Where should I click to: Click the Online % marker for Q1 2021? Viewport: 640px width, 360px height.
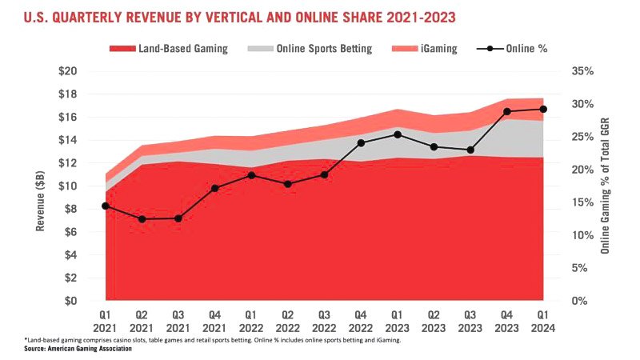(106, 206)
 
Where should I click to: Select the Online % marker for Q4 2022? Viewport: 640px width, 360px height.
(362, 142)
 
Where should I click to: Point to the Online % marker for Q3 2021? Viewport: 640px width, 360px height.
(178, 218)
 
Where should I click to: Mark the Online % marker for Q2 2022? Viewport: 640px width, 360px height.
(289, 184)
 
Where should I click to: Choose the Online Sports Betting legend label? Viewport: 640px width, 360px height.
(324, 49)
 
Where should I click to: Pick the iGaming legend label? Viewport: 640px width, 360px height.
(439, 49)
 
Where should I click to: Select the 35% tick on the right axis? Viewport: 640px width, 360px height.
(582, 71)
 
